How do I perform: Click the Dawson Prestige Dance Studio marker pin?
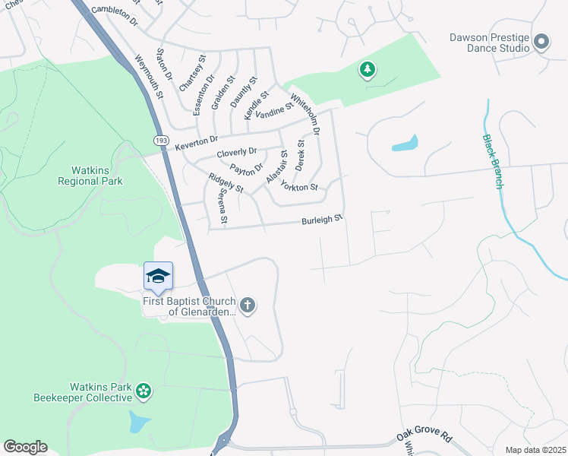click(541, 42)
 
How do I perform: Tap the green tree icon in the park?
click(368, 71)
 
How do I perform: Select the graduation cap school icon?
click(159, 275)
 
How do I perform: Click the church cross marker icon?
click(247, 306)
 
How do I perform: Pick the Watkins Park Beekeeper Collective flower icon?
click(143, 391)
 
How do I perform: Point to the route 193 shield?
click(161, 141)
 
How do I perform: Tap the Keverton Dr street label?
click(196, 142)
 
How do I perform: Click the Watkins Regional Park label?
click(90, 176)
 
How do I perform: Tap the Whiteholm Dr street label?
click(311, 117)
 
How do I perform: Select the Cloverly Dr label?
click(237, 153)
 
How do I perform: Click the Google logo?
click(25, 447)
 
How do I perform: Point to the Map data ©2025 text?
click(535, 450)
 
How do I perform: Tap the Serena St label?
click(223, 206)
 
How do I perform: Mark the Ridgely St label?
click(226, 182)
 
